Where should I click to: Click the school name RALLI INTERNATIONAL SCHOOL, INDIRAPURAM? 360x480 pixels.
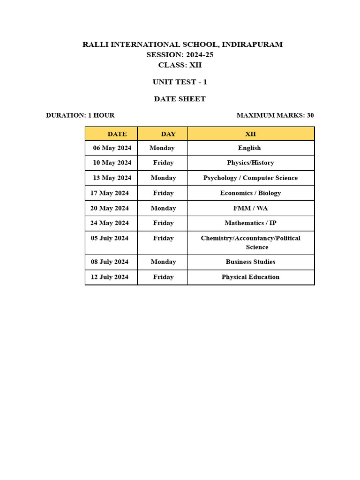click(182, 45)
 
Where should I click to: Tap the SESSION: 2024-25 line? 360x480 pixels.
click(180, 55)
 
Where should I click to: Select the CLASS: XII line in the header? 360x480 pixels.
click(180, 65)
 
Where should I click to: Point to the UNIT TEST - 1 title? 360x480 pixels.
click(180, 82)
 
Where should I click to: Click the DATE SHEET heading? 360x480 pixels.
click(180, 99)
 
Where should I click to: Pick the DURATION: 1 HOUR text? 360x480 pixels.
click(80, 115)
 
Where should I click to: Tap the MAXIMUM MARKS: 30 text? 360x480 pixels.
click(275, 115)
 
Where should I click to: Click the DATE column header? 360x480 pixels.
click(117, 134)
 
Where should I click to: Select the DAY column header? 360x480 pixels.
click(168, 134)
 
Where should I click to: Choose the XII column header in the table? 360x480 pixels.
click(250, 134)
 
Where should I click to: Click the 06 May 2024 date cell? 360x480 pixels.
click(112, 148)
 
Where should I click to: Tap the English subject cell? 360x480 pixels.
click(249, 148)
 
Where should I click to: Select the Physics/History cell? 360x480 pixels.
click(250, 163)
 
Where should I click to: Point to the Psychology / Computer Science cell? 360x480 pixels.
click(250, 178)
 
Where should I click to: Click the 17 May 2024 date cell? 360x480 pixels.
click(110, 193)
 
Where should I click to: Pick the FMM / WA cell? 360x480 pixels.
click(250, 208)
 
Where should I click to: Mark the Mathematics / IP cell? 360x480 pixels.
click(250, 223)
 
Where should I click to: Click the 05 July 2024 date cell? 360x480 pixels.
click(110, 238)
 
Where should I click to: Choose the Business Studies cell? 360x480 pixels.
click(250, 262)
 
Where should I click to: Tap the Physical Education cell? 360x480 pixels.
click(250, 277)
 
